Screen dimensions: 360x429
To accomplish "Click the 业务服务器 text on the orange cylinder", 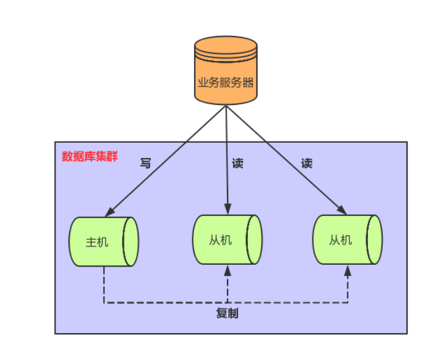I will coord(226,82).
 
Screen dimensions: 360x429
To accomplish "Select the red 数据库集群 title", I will coord(90,156).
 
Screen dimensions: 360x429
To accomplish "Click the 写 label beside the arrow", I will coord(145,164).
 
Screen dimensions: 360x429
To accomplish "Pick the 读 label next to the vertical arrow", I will coord(237,164).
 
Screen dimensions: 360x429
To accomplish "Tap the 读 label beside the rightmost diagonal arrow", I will coord(306,164).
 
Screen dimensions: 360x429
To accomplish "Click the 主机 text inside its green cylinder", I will coord(96,242).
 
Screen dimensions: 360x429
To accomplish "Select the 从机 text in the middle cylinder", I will coord(220,240).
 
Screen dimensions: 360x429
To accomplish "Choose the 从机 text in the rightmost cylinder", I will coord(341,240).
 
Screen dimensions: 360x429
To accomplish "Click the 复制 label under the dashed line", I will coord(227,314).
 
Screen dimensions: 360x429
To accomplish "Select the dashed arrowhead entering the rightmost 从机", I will coord(348,270).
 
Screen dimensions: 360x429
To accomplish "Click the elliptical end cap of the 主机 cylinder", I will coord(131,242).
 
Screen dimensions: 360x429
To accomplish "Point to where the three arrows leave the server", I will coord(226,105).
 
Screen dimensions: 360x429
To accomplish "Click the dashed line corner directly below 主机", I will coord(104,302).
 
